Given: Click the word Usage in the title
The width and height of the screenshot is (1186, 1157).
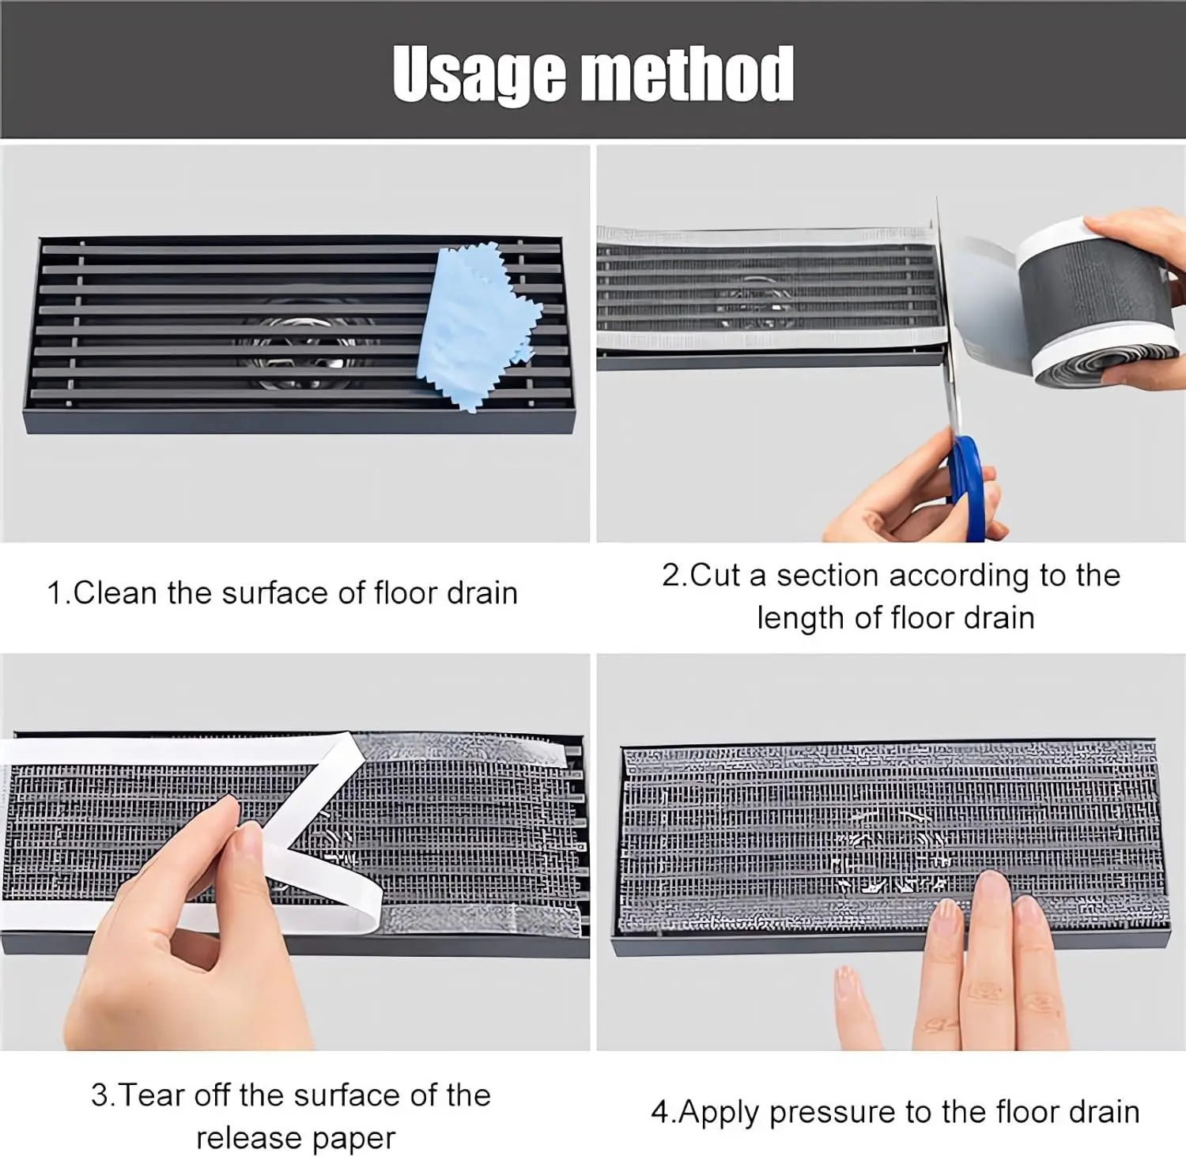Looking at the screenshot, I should [x=479, y=74].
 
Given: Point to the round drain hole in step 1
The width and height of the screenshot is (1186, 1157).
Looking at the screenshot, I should [x=304, y=352].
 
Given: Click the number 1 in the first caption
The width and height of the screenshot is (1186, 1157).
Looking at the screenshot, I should [x=54, y=593].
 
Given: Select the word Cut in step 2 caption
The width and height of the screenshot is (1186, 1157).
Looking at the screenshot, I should [x=715, y=576].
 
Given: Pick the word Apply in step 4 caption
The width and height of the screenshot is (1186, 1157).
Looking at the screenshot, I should [x=719, y=1113].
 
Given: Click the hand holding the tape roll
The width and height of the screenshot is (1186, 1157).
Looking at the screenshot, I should [x=1139, y=237].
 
